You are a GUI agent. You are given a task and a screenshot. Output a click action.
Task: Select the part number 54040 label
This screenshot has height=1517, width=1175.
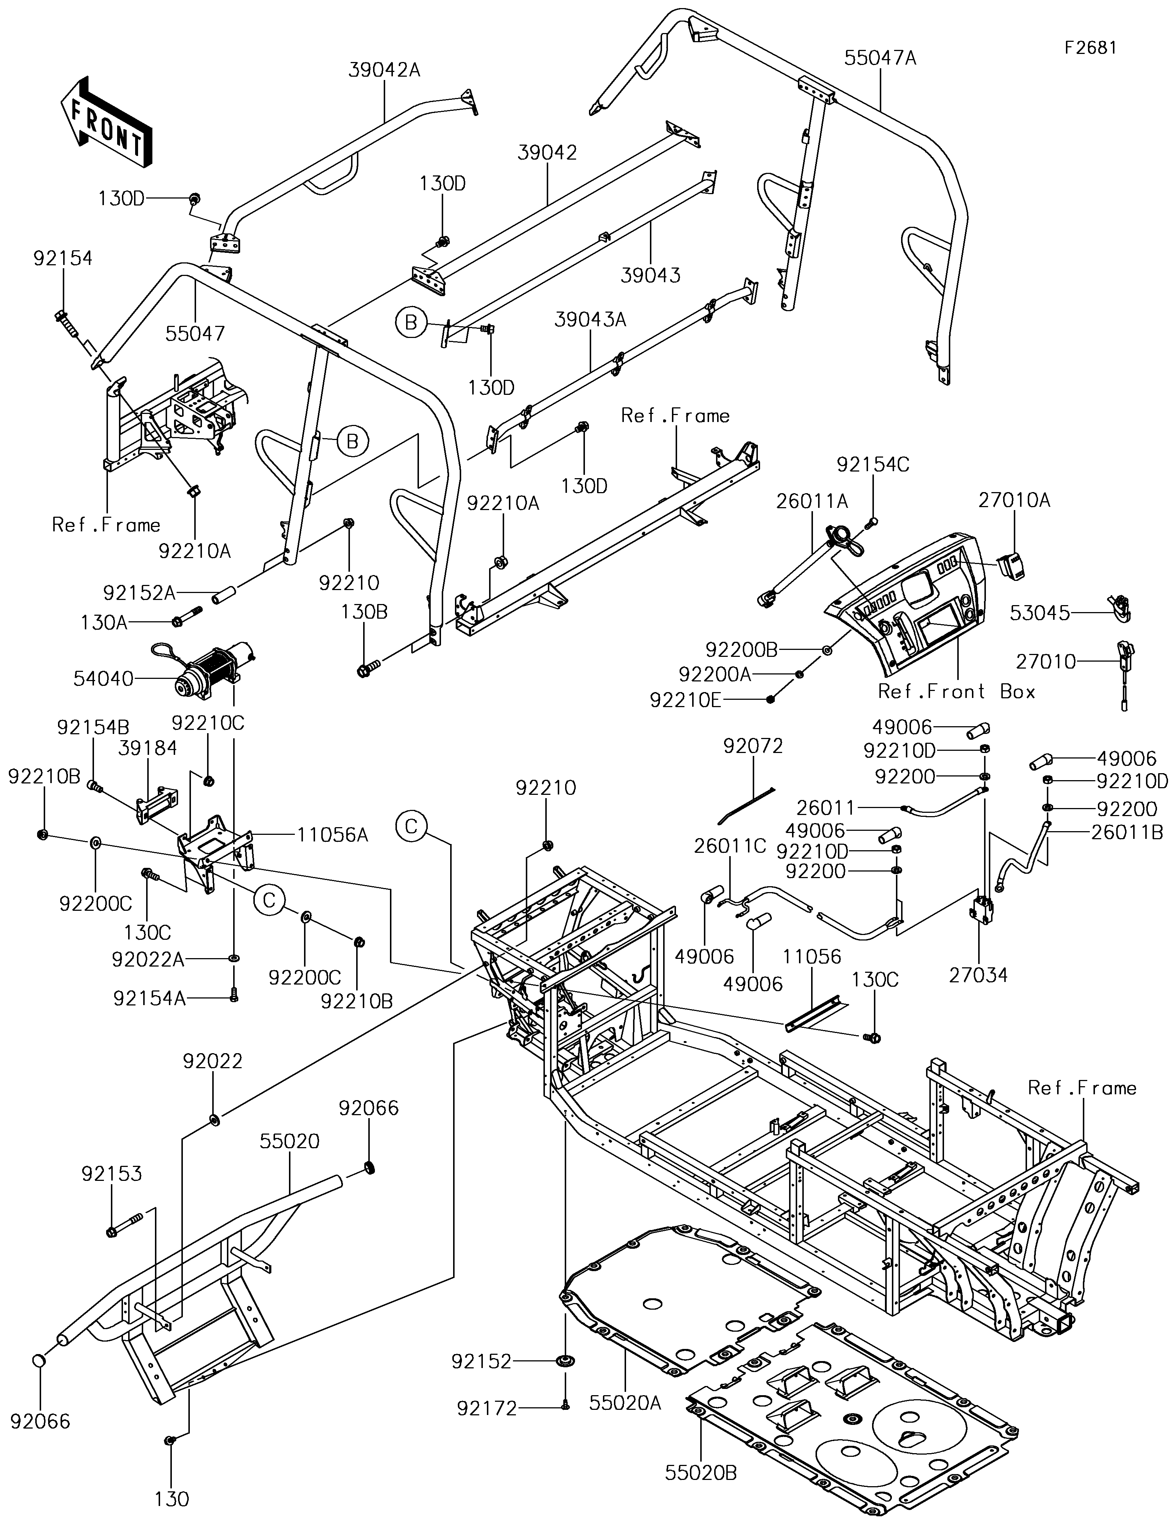point(104,679)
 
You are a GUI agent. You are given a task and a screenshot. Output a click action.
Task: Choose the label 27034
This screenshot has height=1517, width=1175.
point(978,975)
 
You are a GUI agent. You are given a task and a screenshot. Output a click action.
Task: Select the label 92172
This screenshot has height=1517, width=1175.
point(487,1409)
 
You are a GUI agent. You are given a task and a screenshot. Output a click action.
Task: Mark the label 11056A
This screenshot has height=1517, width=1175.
point(332,835)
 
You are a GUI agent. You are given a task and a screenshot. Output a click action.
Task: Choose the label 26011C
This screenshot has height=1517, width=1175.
point(730,846)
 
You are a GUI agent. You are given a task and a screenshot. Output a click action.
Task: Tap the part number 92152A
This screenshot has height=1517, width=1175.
point(139,593)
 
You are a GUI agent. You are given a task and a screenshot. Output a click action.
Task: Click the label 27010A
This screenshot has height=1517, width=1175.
point(1015,500)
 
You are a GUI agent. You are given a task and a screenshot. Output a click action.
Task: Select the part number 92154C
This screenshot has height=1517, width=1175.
point(873,465)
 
